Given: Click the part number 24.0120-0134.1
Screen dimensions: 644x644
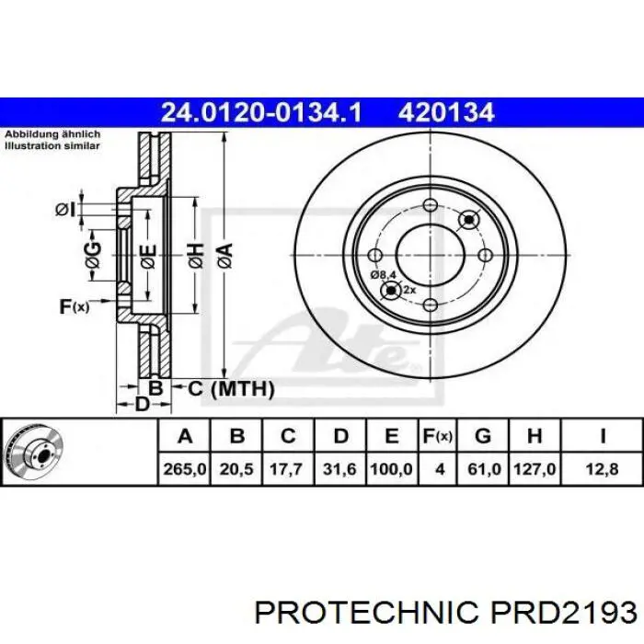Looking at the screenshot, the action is (261, 112).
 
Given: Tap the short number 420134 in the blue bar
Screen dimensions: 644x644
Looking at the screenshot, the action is (445, 112).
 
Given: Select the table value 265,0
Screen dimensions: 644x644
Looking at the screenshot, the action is (184, 468).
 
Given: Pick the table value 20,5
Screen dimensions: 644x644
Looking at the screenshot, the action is (236, 468).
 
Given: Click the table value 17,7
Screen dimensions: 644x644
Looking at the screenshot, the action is (286, 468).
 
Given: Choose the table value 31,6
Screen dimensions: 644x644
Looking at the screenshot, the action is (339, 468).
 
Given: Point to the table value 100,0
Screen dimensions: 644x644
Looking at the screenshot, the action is (391, 468).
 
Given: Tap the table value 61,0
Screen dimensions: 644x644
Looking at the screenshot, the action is (484, 468).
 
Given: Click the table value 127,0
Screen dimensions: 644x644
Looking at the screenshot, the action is (535, 468).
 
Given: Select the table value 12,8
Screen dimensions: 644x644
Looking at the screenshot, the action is (602, 468).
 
